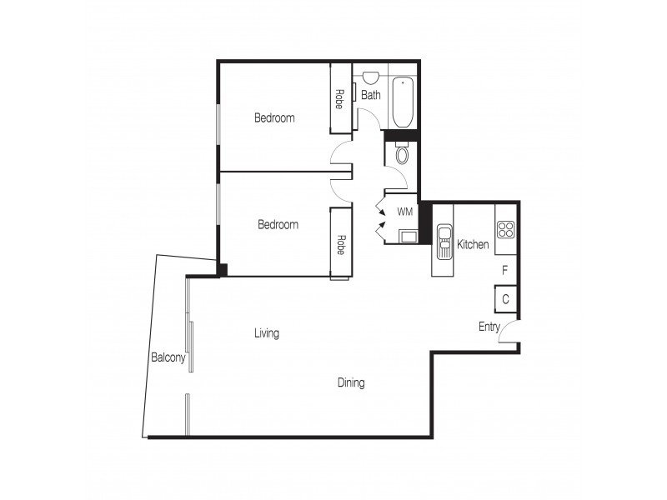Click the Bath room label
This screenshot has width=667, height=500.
371,95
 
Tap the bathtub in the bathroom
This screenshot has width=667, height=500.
402,102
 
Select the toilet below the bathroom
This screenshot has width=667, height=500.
402,155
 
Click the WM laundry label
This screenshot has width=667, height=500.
404,212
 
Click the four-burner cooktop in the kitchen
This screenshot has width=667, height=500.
506,228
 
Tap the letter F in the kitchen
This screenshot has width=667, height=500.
504,270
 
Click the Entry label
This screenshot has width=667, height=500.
489,327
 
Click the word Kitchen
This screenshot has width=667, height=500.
473,245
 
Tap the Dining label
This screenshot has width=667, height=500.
351,383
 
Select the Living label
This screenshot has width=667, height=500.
267,333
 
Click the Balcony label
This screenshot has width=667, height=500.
168,357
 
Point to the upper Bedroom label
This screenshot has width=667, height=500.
274,118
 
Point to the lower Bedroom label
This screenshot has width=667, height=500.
278,225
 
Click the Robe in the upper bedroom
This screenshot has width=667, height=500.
340,98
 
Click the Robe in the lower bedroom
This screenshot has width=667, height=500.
340,243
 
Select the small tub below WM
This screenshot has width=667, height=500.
408,236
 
